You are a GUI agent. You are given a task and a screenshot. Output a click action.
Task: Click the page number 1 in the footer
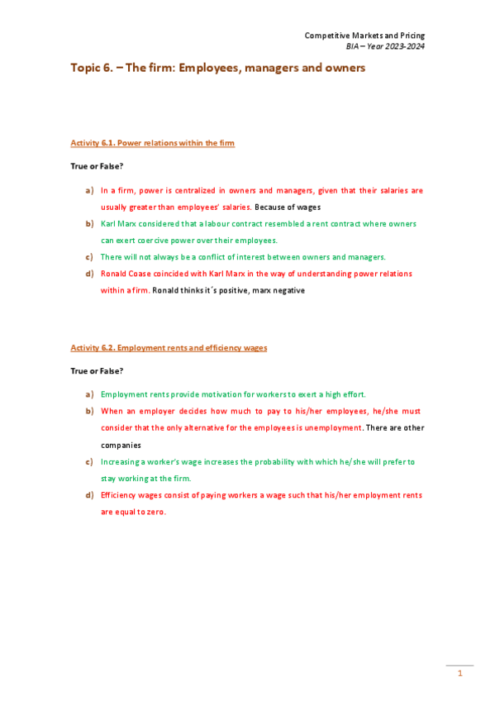459,674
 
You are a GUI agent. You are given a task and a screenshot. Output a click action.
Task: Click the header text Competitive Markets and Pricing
364,36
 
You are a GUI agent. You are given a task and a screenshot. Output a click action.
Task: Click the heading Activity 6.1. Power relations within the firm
152,143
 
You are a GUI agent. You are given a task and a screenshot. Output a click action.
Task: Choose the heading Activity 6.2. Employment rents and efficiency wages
169,347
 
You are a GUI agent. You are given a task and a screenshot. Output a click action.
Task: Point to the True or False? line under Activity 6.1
97,166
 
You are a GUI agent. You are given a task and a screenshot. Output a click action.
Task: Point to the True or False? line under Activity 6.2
97,371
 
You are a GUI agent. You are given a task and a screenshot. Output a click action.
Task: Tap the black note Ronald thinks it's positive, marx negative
229,290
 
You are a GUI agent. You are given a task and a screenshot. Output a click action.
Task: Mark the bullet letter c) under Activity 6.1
89,256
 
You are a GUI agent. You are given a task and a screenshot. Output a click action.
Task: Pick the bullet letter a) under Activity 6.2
89,394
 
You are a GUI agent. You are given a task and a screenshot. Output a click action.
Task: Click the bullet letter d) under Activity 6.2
89,495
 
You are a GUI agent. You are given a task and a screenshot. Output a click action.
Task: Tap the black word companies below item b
121,445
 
